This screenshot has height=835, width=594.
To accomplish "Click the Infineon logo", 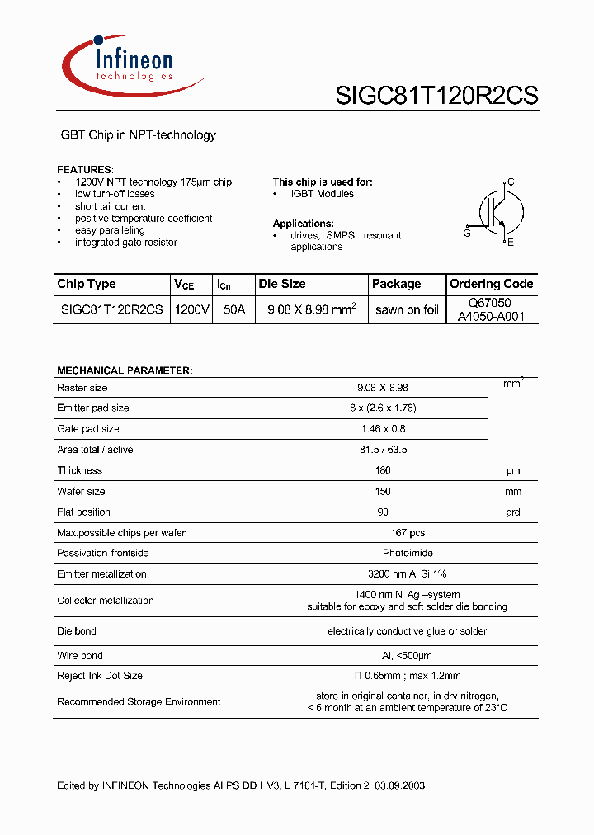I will pos(132,64).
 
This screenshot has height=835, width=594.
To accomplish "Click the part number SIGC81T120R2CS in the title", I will pos(436,97).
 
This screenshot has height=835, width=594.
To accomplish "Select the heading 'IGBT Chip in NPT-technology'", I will pos(136,135).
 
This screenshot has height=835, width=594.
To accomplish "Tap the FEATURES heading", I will pos(85,169).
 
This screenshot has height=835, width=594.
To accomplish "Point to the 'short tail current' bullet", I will pos(110,206).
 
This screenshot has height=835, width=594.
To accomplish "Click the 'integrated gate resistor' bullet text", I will pos(125,243).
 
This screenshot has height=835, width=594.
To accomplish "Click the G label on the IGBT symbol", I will pos(467,234).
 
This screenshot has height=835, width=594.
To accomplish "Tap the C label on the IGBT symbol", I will pos(511,182).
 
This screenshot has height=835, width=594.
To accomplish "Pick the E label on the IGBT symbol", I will pos(511,243).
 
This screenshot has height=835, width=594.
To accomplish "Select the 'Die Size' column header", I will pos(282,284).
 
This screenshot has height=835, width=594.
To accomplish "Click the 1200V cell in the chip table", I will pos(192,310).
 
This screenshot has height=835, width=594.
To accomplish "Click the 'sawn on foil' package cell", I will pos(407,310).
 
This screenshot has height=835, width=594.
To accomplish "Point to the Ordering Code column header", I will pos(492,284).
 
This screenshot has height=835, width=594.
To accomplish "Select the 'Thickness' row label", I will pos(80,470).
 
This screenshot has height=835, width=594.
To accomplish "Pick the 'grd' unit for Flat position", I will pos(513,512).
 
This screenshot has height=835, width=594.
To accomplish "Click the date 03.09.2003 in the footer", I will pos(398,785).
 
